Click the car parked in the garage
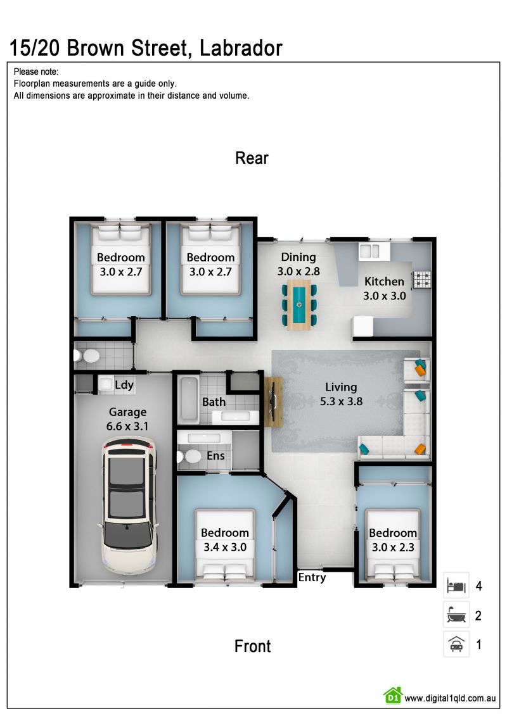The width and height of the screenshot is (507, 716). click(128, 505)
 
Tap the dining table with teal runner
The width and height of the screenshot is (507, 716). click(299, 305)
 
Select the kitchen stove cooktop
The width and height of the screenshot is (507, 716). click(421, 279)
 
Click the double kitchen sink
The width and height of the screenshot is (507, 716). click(369, 251)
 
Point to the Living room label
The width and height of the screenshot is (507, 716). click(341, 387)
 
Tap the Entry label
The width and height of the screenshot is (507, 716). click(312, 577)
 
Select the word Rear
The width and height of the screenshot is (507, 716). click(252, 158)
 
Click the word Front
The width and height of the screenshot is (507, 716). click(252, 646)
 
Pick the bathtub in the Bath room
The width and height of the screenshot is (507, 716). click(188, 400)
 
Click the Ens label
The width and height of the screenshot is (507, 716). click(215, 456)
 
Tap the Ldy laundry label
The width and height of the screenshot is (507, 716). click(124, 385)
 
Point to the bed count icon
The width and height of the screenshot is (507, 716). click(456, 586)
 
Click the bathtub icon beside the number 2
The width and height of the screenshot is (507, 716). click(456, 615)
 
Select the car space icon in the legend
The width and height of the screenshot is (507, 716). click(456, 644)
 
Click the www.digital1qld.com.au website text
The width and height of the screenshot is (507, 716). click(450, 698)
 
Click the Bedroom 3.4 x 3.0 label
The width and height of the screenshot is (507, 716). click(225, 540)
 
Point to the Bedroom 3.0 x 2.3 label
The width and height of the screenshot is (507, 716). click(393, 540)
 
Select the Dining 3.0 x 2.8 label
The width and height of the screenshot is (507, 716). click(298, 264)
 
